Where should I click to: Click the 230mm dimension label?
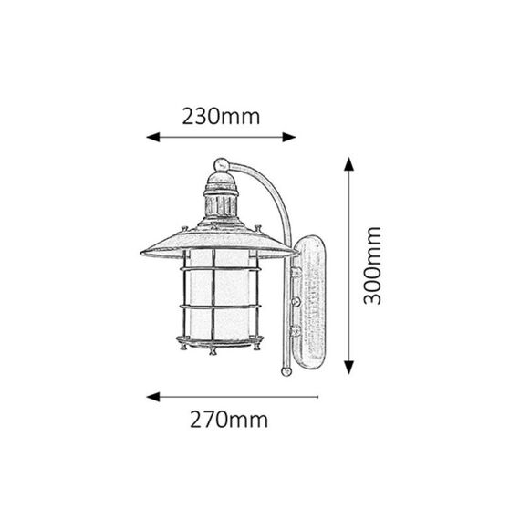[x=221, y=117]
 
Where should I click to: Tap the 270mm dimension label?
[x=229, y=420]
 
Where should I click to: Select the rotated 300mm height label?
[x=372, y=265]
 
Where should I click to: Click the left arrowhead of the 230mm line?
[x=153, y=137]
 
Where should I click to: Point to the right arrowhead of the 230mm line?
[x=289, y=137]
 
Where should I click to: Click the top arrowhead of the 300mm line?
[x=348, y=164]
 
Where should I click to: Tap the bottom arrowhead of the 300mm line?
[x=348, y=368]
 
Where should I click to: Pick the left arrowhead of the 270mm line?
[x=153, y=397]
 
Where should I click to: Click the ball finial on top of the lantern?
[x=221, y=165]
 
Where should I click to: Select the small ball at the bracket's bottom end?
[x=286, y=371]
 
